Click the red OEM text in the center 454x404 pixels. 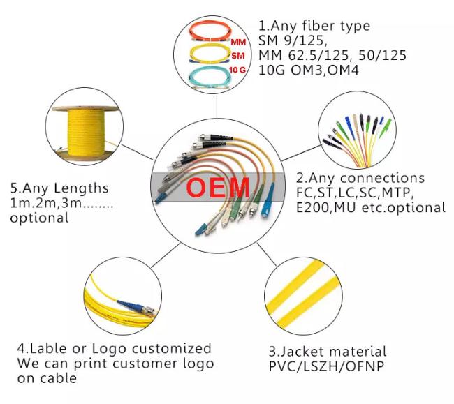click(x=218, y=188)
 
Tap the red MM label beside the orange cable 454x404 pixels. click(x=238, y=43)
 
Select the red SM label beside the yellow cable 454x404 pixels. click(x=238, y=56)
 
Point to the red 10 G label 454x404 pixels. click(x=237, y=70)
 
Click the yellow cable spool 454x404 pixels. click(x=86, y=133)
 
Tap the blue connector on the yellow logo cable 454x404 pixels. click(x=130, y=305)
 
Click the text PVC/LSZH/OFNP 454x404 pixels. click(x=326, y=366)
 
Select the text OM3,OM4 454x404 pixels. click(x=325, y=70)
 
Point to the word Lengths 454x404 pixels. click(x=81, y=188)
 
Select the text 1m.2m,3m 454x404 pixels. click(x=46, y=203)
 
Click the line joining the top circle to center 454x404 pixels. click(x=217, y=106)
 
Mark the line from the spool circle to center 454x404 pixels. click(x=137, y=152)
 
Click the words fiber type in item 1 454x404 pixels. click(x=336, y=26)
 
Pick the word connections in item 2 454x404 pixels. click(x=382, y=178)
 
